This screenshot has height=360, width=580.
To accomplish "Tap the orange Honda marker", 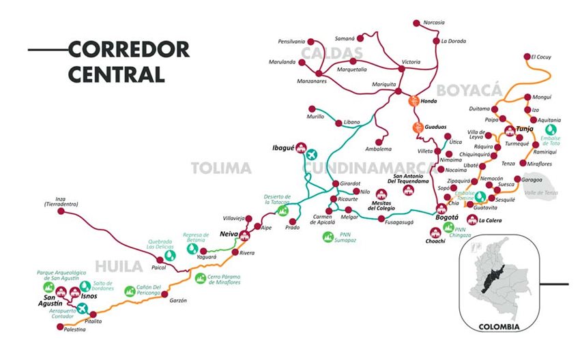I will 414,101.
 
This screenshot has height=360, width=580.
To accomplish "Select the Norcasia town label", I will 433,22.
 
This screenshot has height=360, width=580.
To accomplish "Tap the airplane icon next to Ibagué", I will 313,153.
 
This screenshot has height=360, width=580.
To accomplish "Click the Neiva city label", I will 229,232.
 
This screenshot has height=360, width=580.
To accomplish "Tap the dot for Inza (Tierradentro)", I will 61,212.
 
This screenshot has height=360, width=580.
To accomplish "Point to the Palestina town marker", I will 60,327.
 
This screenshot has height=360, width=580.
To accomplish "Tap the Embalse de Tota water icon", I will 550,128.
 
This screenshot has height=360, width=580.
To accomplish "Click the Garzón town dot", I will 164,295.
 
